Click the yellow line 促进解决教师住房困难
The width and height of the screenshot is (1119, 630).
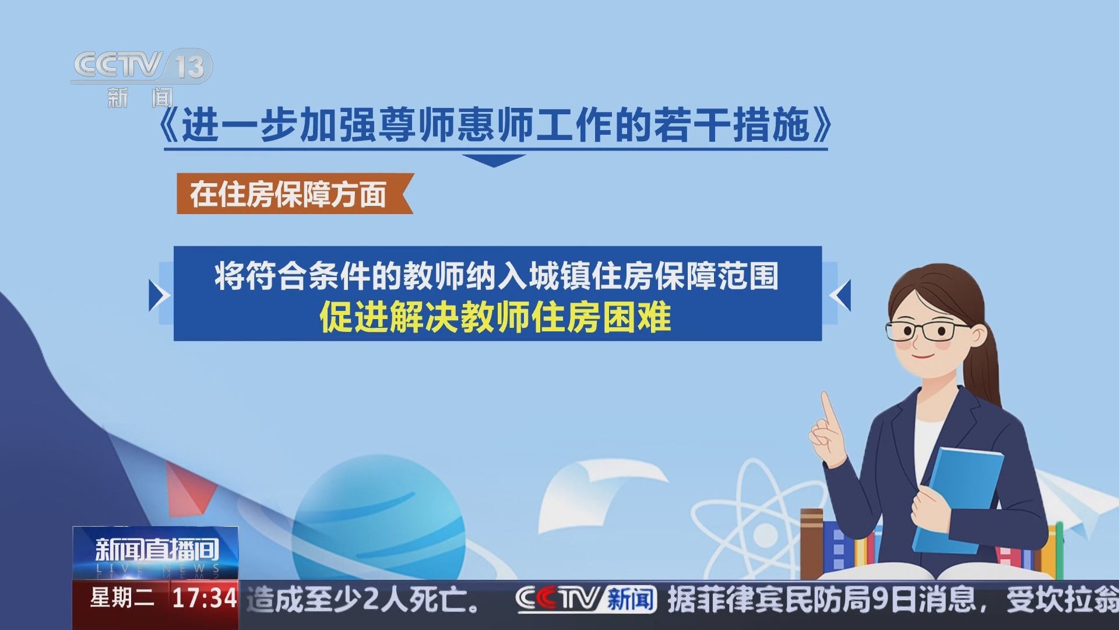pos(495,318)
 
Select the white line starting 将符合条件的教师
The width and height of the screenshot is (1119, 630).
pos(497,275)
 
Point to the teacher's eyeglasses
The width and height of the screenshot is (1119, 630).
pos(921,331)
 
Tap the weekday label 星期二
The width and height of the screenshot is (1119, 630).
pos(122,598)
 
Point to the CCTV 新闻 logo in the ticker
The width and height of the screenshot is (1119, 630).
pos(586,600)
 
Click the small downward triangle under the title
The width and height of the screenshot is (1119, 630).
pos(494,160)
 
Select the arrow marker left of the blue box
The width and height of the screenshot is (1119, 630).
pos(159,295)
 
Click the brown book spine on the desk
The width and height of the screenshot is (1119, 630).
pos(811,542)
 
